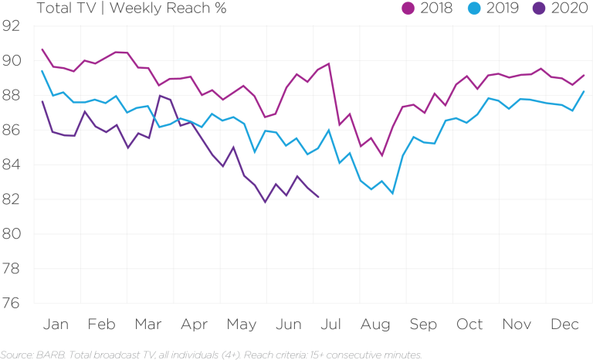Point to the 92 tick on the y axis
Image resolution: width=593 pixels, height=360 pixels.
tap(12, 26)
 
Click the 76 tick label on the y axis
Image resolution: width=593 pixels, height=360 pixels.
tap(12, 303)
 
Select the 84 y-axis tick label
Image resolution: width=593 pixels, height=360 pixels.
tap(12, 165)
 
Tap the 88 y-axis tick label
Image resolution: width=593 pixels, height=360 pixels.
tap(12, 96)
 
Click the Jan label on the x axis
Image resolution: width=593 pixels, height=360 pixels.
tap(56, 324)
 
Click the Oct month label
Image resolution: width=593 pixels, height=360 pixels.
tap(469, 324)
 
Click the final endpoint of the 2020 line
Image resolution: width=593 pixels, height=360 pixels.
tap(319, 198)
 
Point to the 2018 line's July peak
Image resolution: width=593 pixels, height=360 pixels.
tap(329, 63)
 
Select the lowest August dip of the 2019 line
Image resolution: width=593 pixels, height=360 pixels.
tap(393, 194)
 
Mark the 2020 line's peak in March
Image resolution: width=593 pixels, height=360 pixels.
tap(159, 96)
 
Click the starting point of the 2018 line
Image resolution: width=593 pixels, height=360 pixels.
tap(42, 49)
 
